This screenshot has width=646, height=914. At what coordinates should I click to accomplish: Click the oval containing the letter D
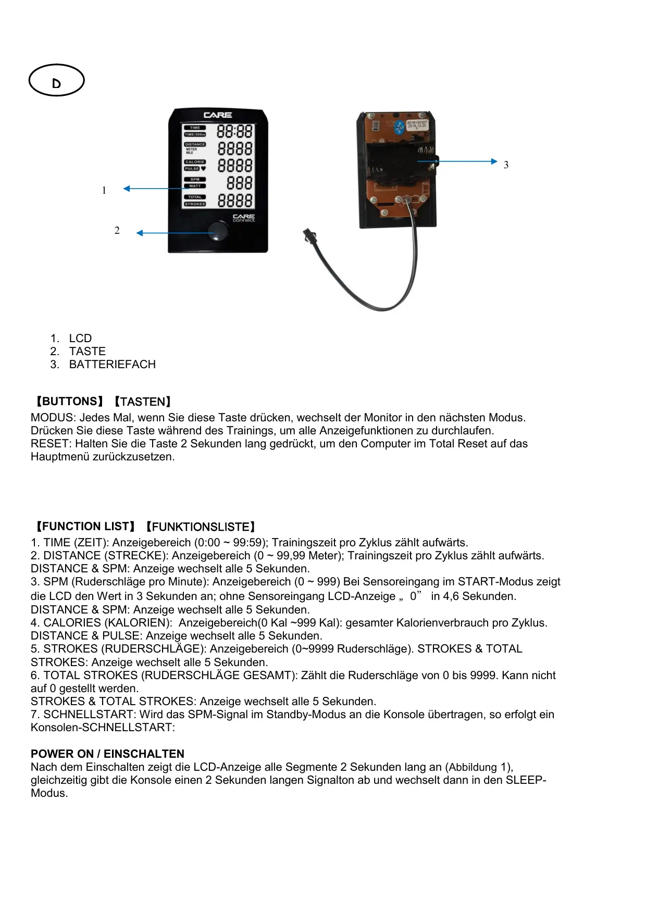(x=56, y=81)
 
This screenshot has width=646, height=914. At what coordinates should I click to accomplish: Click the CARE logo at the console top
(x=218, y=115)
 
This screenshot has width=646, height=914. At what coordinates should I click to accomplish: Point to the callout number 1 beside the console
(x=104, y=191)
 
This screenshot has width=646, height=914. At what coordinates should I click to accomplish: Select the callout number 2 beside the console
(x=117, y=231)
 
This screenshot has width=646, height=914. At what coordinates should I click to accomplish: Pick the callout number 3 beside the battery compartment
(x=506, y=165)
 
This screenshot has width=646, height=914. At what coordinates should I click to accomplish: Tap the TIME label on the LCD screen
(x=195, y=128)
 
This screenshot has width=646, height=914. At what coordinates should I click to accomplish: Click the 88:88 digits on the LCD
(x=235, y=131)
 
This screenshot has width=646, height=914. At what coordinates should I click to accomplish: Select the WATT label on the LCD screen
(x=195, y=186)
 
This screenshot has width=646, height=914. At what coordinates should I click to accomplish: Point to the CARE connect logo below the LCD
(x=243, y=217)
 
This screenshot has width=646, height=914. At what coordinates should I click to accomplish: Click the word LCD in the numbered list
(x=80, y=339)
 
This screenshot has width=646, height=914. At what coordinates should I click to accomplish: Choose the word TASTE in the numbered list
(x=88, y=352)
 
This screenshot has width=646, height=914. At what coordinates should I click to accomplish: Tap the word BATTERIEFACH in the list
(x=113, y=365)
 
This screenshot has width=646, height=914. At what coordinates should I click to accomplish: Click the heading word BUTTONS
(x=69, y=402)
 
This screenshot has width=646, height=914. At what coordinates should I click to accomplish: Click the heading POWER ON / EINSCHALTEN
(x=107, y=754)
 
